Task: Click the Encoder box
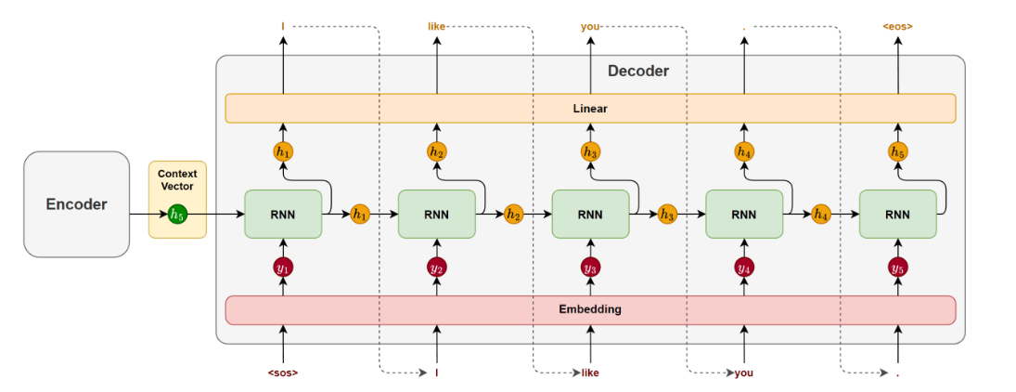coord(76,204)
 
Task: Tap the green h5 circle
coord(177,214)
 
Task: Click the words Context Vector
coord(177,180)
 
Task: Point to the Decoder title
coord(637,71)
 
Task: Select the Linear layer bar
coord(590,109)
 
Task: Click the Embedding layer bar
coord(590,309)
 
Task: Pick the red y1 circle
coord(283,268)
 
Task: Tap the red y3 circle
coord(590,268)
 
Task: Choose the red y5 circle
coord(898,268)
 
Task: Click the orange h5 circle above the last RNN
coord(898,151)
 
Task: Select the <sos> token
coord(283,373)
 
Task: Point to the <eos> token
coord(898,27)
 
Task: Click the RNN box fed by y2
coord(437,214)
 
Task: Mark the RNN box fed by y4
coord(744,214)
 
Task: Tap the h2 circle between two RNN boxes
coord(513,214)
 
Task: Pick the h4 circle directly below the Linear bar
coord(744,151)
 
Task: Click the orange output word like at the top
coord(437,27)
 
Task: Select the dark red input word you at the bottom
coord(744,373)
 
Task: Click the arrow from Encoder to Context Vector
coord(148,214)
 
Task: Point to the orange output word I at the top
coord(283,27)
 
